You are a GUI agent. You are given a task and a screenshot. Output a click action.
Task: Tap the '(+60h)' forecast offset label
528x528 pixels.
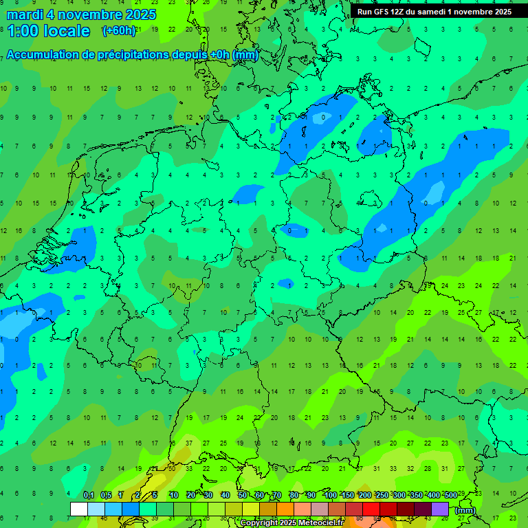coord(119,31)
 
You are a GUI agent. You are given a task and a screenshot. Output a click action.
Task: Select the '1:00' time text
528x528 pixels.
coord(23,31)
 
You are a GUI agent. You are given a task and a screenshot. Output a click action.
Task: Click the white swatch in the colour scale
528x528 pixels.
coord(79,509)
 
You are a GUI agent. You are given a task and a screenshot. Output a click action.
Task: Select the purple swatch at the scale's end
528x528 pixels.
coord(440,509)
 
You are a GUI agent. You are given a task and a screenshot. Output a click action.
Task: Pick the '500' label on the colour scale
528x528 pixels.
coord(450,495)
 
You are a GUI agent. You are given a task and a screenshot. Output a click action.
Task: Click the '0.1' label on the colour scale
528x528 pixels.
coord(89,495)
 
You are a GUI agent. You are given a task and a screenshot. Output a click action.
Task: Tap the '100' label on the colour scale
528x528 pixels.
coord(330,495)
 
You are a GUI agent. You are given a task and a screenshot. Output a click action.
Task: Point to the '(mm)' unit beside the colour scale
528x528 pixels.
coord(465,510)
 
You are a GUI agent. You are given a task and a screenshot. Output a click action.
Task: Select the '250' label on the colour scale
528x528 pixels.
coord(382,495)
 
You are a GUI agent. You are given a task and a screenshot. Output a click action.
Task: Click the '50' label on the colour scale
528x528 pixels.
coord(243,495)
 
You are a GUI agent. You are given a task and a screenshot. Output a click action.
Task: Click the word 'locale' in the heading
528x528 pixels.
coord(67,31)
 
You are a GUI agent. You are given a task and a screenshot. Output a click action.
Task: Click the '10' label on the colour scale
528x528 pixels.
coord(174,495)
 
